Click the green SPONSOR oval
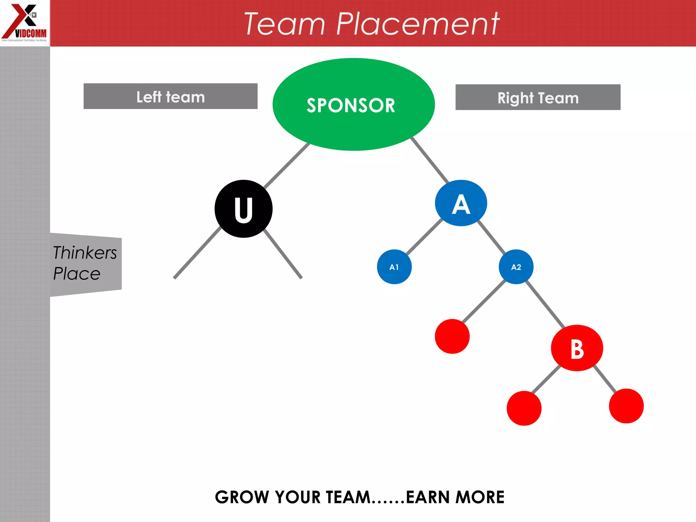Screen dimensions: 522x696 click(353, 104)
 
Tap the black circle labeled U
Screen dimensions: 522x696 click(243, 209)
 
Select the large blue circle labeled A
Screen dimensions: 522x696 click(461, 203)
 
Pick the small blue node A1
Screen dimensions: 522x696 click(394, 267)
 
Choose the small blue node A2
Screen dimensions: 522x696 click(516, 267)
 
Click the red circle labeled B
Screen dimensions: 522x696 click(577, 348)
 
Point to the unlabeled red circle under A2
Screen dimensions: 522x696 click(452, 336)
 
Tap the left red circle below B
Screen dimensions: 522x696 click(524, 408)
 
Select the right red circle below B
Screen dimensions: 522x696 click(626, 406)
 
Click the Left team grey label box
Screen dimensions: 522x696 click(170, 96)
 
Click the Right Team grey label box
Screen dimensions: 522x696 click(538, 97)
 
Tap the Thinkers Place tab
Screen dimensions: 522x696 click(85, 263)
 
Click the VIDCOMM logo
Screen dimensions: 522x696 click(24, 23)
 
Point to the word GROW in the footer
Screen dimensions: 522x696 click(243, 497)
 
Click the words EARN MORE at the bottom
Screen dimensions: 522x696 click(455, 497)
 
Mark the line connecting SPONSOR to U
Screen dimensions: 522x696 click(286, 166)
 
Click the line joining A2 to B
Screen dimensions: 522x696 click(545, 304)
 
